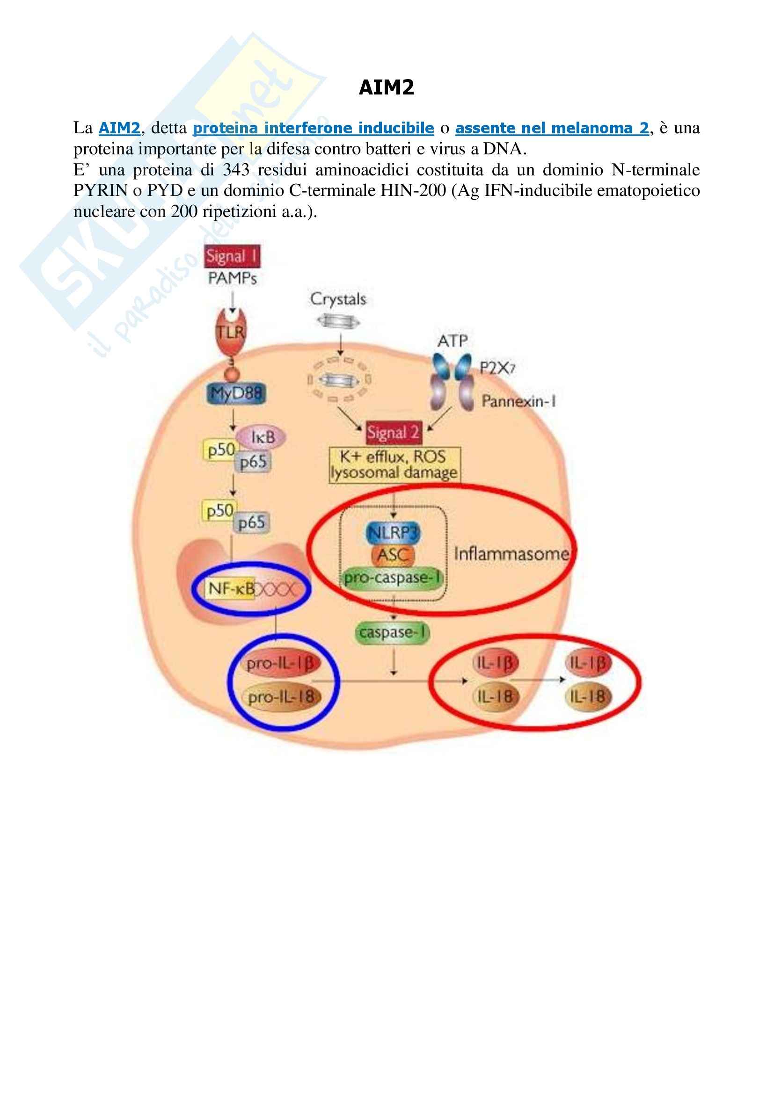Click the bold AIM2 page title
[386, 87]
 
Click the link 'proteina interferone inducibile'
[313, 128]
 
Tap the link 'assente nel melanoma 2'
[552, 128]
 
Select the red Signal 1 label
[232, 257]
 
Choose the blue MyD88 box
[236, 393]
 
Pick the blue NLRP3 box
[393, 532]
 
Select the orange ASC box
[393, 555]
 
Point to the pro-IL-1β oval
[281, 663]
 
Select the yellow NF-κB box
[231, 589]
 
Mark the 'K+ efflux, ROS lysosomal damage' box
[394, 465]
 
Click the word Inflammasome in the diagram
[511, 554]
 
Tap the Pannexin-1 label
[518, 401]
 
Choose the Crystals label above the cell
[338, 299]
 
